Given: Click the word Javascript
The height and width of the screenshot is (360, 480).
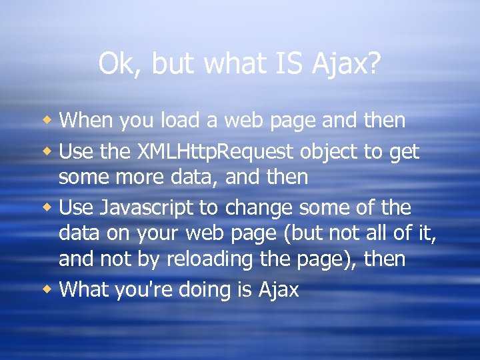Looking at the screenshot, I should click(147, 209).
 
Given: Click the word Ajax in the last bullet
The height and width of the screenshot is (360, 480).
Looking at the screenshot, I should click(278, 290).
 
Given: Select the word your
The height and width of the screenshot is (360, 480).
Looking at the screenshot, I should click(156, 234).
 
